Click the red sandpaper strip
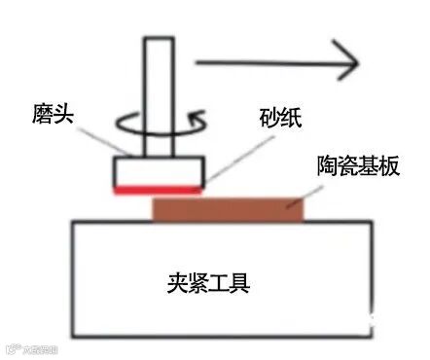158,190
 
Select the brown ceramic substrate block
228,207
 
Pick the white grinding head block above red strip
158,171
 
